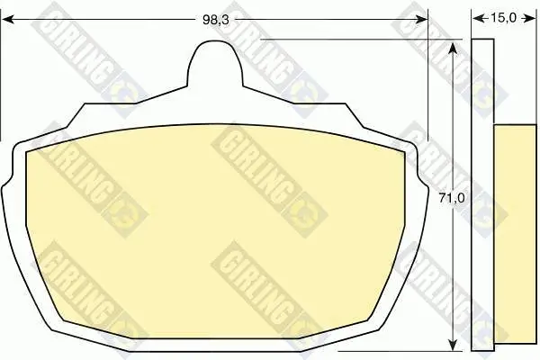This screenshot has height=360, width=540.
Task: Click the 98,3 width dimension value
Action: coord(216,20)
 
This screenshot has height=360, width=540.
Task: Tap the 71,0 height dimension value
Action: coord(452,198)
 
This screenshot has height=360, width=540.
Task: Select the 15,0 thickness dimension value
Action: coord(503,18)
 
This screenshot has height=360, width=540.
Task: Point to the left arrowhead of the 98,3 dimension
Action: coord(8,20)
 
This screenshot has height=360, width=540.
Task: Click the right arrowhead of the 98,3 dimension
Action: coord(421,20)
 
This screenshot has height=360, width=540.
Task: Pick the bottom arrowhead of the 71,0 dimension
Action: coord(454,345)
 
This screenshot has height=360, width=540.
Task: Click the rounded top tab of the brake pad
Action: coord(215,62)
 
